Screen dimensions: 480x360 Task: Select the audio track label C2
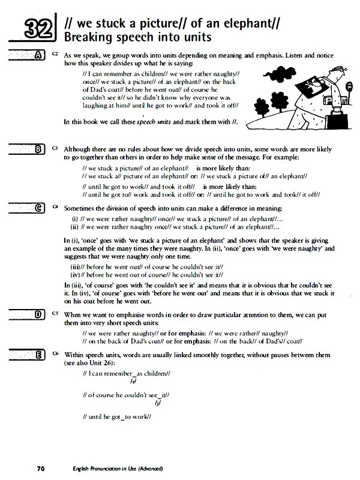point(55,54)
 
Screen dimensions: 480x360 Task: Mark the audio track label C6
point(55,353)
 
